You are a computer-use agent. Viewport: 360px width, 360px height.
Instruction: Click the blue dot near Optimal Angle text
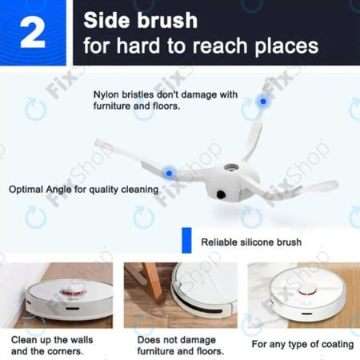tap(169, 170)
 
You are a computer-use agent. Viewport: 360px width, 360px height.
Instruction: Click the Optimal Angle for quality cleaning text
tap(83, 190)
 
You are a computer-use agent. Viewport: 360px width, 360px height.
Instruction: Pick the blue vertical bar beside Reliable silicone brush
tap(186, 240)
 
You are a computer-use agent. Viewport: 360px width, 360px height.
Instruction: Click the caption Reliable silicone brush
tap(250, 242)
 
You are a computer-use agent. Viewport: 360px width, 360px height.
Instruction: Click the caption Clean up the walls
tap(48, 339)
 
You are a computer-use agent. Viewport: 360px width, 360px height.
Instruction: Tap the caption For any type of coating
tap(302, 344)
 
